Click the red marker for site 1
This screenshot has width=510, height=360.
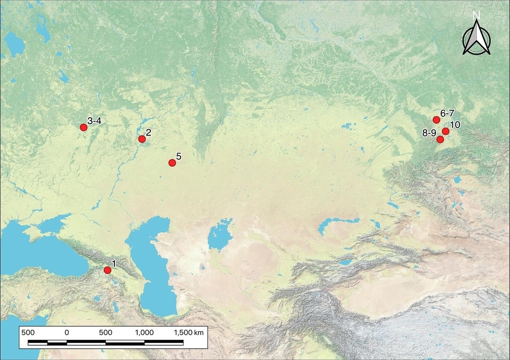[107, 270]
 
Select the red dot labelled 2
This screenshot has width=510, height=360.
[142, 139]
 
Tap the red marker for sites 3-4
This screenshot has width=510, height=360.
[83, 127]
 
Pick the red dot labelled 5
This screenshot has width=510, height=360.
[172, 162]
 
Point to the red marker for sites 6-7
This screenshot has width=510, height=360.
[436, 119]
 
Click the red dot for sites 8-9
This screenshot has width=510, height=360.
[440, 139]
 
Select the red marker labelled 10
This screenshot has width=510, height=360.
[446, 131]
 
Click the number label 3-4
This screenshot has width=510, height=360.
[95, 121]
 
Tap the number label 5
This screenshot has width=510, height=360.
[178, 156]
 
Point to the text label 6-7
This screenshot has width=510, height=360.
[447, 114]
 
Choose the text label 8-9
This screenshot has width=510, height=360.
[429, 133]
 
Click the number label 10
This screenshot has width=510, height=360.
[455, 125]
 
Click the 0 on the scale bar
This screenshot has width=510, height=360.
[67, 332]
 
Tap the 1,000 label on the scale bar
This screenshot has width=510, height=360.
[144, 332]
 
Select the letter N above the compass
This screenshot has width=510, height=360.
[476, 15]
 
